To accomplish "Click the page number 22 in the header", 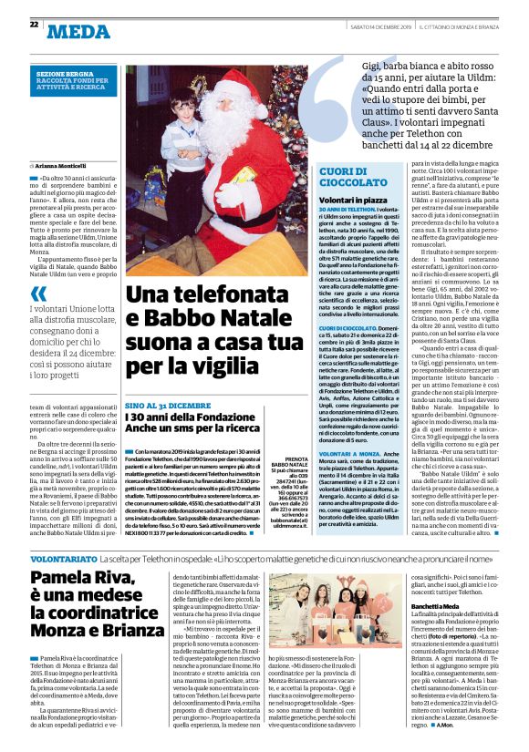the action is tap(34, 25).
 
